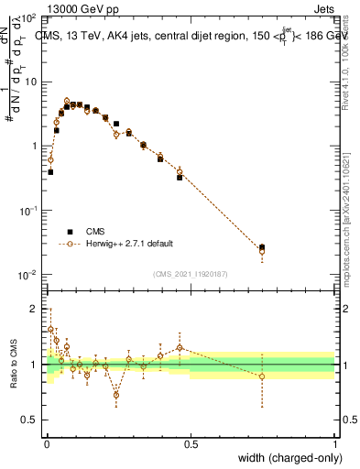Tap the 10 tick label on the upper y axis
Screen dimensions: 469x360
[x=32, y=82]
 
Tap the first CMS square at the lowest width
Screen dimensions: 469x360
[x=50, y=171]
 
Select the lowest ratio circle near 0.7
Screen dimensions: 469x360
[x=116, y=396]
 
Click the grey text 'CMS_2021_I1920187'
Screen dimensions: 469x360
[x=190, y=273]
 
